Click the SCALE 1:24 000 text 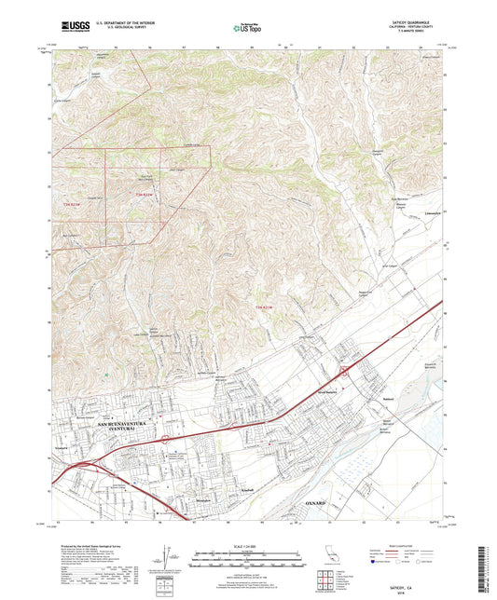(248, 547)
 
